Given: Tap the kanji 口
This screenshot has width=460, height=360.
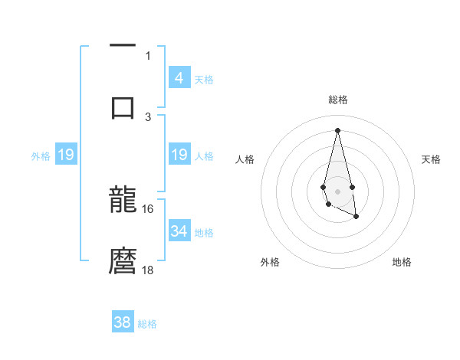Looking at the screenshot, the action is pos(123,106).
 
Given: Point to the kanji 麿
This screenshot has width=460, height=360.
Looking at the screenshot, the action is pos(123,261).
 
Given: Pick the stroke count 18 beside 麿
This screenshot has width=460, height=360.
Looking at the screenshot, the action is pos(148,270).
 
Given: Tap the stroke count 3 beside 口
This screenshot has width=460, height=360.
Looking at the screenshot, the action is pos(148,116).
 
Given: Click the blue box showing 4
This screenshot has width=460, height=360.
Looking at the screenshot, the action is pos(179,77).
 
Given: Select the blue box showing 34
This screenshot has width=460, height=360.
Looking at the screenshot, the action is pos(179,231).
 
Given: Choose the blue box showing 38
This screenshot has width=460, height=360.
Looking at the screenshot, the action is pos(123,322).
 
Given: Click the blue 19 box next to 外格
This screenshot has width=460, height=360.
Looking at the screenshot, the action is pos(66,155).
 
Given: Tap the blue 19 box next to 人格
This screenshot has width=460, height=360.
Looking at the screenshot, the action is pos(179,155).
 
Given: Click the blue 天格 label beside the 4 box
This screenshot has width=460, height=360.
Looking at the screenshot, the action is pos(204,79).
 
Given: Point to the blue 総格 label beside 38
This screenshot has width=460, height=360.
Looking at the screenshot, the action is pos(147,324).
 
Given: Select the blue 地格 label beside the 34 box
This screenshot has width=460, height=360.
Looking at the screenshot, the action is pos(204,232).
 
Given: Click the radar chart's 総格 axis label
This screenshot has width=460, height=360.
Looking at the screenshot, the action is pos(338,100).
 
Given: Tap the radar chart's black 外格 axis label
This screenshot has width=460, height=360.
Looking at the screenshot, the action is pos(270,262).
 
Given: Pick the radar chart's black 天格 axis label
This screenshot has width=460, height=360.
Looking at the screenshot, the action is pos(431,159).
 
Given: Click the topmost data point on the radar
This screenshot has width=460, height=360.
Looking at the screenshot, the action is pos(337,129).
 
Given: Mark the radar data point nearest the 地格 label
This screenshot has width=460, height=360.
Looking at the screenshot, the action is pos(356,217).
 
